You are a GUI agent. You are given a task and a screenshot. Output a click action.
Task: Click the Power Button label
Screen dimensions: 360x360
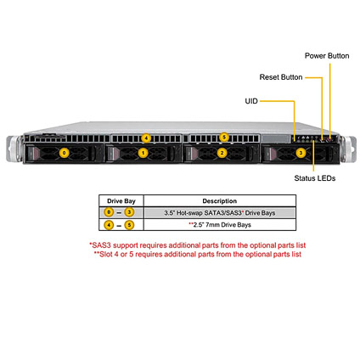(327, 56)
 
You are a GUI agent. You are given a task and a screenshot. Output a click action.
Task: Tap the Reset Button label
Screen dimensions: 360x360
(281, 77)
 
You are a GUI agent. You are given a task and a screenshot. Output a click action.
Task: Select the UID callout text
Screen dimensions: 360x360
(251, 101)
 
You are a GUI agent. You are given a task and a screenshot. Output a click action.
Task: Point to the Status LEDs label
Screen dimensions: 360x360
(315, 178)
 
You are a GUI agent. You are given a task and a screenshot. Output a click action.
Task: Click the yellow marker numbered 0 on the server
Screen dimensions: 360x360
(65, 153)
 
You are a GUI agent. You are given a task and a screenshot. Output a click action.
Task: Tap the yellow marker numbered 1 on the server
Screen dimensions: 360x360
(143, 153)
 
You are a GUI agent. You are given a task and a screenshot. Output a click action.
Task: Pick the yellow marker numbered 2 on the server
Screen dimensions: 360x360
(222, 153)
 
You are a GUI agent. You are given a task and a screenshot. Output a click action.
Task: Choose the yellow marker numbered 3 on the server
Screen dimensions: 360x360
(301, 153)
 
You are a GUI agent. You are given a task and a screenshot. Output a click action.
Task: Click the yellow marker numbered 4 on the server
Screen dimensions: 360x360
(146, 138)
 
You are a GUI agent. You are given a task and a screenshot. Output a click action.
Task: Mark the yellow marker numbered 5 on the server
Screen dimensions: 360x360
(224, 138)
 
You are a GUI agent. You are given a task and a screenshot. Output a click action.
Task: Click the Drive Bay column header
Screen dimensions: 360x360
(121, 201)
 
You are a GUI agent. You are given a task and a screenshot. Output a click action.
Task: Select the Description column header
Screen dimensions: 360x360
(220, 201)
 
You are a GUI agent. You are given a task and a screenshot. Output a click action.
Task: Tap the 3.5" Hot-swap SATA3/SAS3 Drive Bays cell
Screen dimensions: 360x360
(220, 213)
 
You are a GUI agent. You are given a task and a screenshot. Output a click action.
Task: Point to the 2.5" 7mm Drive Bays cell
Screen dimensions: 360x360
(220, 225)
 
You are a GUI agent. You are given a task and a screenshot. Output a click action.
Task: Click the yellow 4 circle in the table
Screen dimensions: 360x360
(109, 225)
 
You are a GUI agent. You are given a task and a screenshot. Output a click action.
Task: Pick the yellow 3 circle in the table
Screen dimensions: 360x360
(129, 212)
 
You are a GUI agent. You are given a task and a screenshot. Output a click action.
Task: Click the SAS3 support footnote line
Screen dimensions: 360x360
(198, 245)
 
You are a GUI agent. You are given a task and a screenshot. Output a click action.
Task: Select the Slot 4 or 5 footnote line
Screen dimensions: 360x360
(198, 254)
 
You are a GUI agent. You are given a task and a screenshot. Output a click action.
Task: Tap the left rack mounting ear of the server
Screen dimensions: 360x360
(14, 149)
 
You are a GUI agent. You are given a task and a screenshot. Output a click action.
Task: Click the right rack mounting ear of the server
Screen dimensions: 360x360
(348, 149)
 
